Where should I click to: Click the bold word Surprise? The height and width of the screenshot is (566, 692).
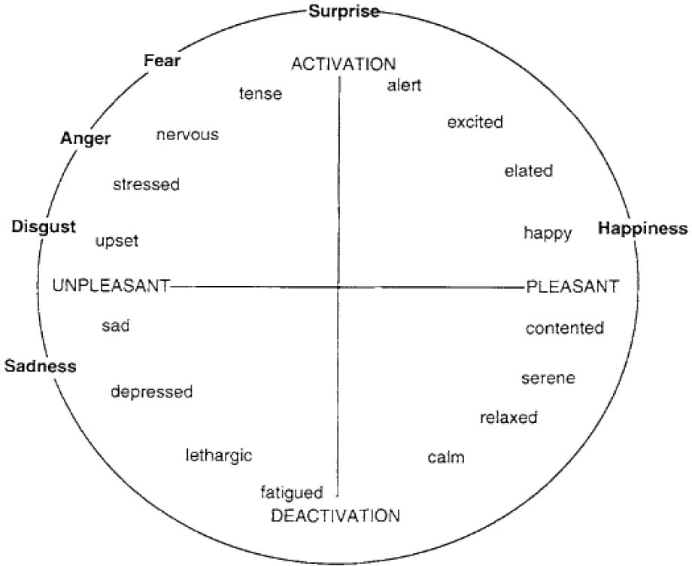(x=344, y=11)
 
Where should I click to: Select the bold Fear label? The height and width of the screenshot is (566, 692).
(x=162, y=61)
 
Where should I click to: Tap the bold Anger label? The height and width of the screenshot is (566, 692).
(x=85, y=138)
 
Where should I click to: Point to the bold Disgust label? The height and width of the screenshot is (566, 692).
(x=44, y=227)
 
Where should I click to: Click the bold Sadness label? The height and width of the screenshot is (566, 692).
(x=41, y=367)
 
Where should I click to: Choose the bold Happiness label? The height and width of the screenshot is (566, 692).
(x=642, y=229)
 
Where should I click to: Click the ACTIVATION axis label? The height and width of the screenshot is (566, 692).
(x=343, y=64)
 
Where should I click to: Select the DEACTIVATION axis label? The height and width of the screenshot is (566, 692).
(x=335, y=516)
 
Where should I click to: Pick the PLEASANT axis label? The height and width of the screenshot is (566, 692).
(x=572, y=287)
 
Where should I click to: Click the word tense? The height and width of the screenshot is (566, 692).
(x=260, y=94)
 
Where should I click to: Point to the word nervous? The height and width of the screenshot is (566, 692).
(x=187, y=135)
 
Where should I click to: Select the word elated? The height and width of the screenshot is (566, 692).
(x=528, y=171)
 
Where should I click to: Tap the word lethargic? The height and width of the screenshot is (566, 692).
(x=219, y=455)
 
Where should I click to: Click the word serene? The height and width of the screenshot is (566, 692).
(x=548, y=378)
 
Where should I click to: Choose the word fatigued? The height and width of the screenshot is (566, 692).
(x=292, y=493)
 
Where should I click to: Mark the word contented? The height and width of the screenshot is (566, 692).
(x=565, y=328)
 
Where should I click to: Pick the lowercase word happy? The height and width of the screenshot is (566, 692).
(x=548, y=233)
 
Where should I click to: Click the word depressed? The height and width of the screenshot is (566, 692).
(x=152, y=392)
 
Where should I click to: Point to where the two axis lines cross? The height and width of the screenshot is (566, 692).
(x=339, y=287)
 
